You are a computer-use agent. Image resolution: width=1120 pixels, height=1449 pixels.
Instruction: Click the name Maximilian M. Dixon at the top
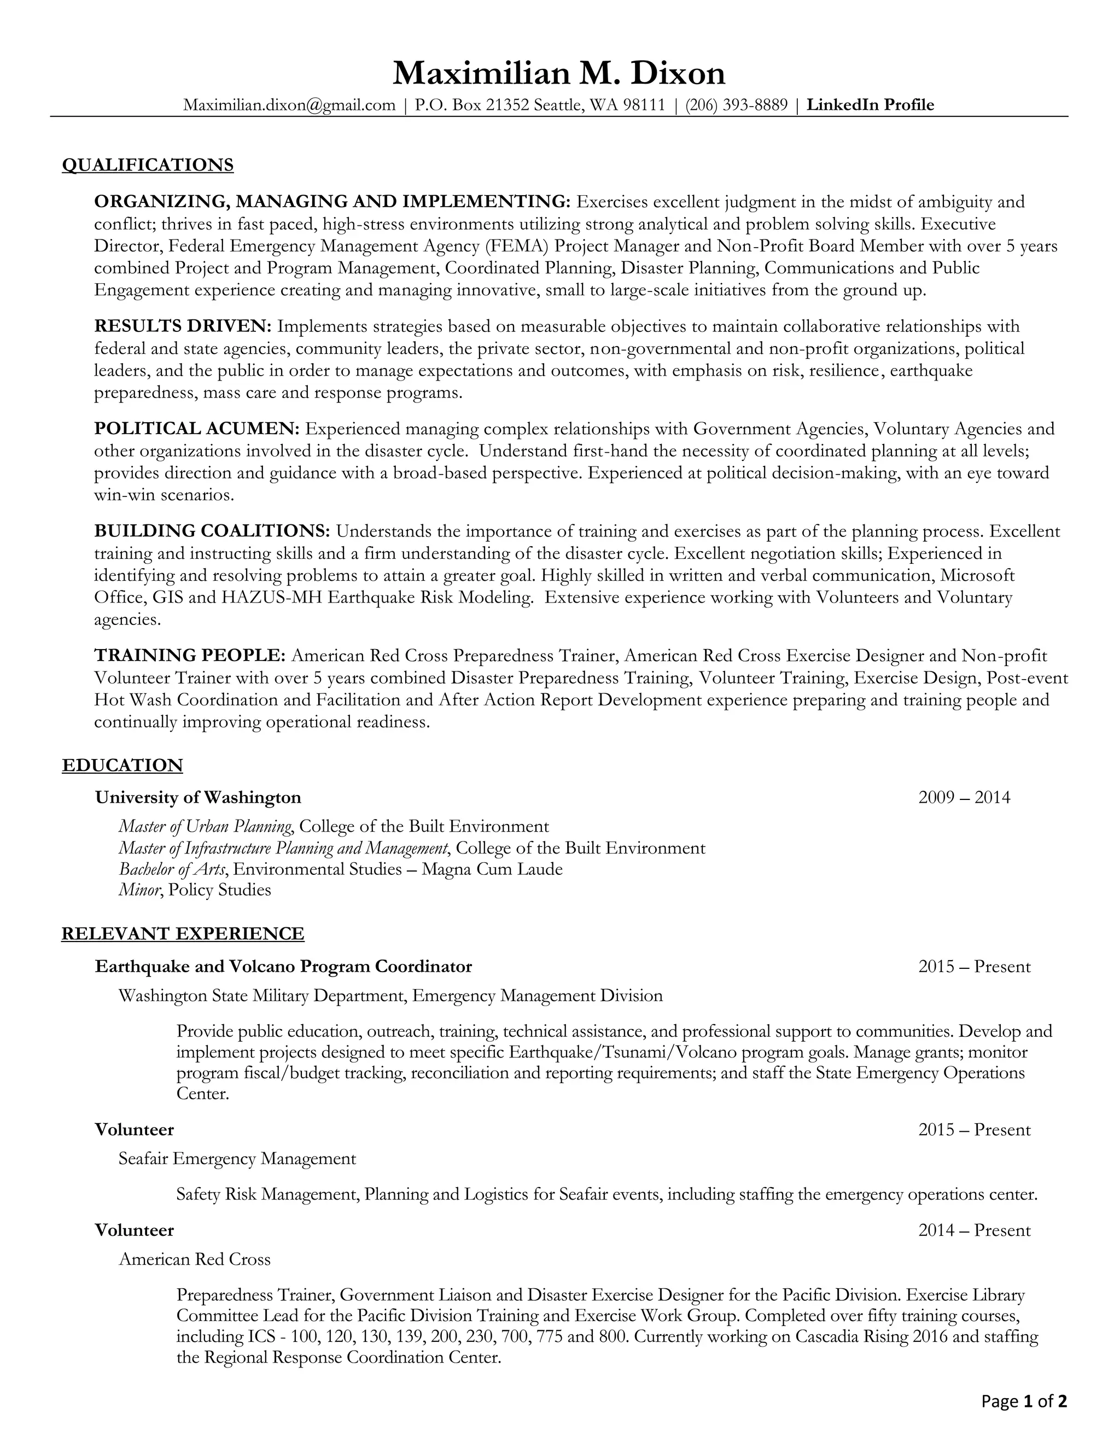(559, 73)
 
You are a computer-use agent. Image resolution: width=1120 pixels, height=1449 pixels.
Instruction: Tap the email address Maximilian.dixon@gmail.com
(289, 105)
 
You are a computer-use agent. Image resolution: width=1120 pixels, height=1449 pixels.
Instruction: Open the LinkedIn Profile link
(870, 105)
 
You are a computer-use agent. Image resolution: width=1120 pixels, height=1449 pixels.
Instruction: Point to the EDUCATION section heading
(122, 765)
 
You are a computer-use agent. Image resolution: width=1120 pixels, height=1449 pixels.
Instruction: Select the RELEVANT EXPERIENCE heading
(183, 933)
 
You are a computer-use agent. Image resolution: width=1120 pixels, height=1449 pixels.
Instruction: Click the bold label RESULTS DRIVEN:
(183, 326)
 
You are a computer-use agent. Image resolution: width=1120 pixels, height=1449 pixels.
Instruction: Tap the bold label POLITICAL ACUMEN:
(197, 429)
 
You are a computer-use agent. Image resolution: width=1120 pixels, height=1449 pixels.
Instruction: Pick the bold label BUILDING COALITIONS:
(212, 531)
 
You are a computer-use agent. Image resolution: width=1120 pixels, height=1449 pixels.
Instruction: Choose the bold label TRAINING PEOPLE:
(190, 656)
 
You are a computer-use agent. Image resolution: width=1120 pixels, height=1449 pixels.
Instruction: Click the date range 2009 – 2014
(964, 797)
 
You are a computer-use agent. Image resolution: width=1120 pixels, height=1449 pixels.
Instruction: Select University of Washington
(198, 797)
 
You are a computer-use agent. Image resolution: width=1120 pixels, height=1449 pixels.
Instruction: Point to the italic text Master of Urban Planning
(205, 827)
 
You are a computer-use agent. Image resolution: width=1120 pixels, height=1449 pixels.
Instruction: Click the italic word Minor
(139, 890)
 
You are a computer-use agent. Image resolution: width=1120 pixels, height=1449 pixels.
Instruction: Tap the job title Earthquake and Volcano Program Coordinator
(283, 966)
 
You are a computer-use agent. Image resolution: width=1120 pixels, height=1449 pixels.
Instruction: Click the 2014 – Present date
(974, 1230)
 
